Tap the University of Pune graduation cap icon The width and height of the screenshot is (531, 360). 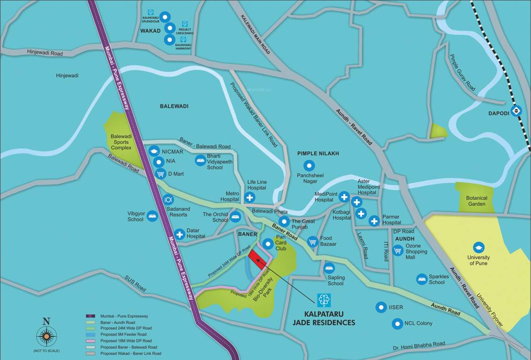pos(478,247)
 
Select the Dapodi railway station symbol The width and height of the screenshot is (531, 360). pos(516,111)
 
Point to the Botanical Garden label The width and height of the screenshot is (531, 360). pos(477,201)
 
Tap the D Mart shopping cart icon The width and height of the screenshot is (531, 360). pos(160,174)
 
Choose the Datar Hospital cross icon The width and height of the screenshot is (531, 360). pos(179,234)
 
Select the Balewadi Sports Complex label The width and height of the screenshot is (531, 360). pos(121,142)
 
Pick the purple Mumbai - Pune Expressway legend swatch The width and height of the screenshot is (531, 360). pos(91,316)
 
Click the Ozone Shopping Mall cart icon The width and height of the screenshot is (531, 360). pos(398,251)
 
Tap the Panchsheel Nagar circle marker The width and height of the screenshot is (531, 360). pos(309,165)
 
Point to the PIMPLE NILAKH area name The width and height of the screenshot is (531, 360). pos(318,153)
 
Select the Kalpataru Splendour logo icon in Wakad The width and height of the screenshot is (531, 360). pos(151,12)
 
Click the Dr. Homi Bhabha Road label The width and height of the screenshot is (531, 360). pos(419,346)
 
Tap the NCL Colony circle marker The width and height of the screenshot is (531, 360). pos(397,323)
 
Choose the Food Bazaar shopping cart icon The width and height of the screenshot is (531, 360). pos(313,242)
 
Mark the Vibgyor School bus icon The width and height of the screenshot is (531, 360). pos(152,216)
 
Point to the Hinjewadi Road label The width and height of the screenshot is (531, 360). pos(45,53)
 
